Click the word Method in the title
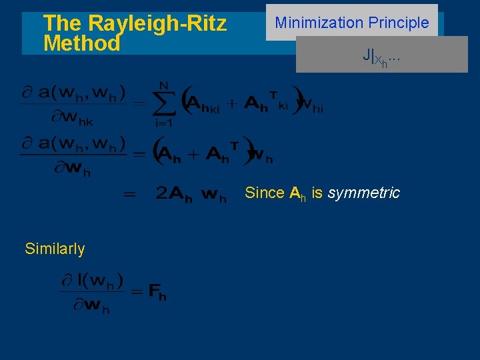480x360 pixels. pos(81,44)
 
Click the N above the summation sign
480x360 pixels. pos(163,85)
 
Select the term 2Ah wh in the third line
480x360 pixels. pos(191,194)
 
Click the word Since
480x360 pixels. pos(265,193)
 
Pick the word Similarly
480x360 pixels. pos(55,249)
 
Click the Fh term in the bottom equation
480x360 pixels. pos(158,291)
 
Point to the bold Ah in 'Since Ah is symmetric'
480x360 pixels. pos(298,194)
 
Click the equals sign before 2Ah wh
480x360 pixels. pos(130,195)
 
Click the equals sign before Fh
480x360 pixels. pos(137,291)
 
